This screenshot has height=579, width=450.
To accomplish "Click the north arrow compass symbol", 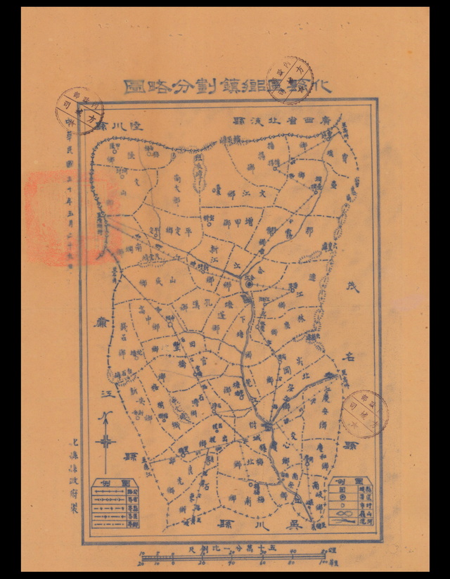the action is click(105, 442).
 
